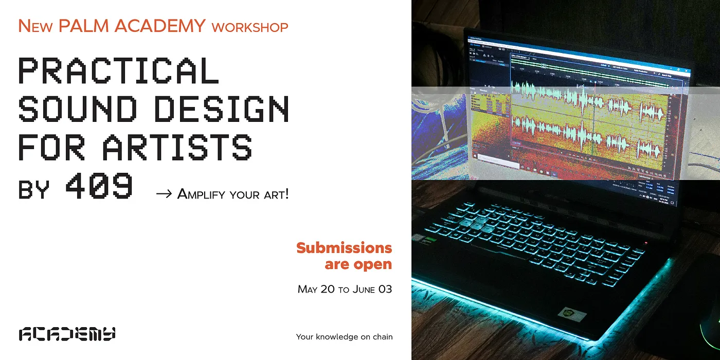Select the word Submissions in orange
[x=344, y=248]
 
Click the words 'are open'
[x=358, y=265]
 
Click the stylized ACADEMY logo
[x=67, y=334]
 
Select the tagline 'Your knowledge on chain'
[x=344, y=337]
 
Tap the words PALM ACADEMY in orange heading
[x=132, y=26]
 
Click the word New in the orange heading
[x=35, y=26]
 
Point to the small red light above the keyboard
[x=646, y=242]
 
